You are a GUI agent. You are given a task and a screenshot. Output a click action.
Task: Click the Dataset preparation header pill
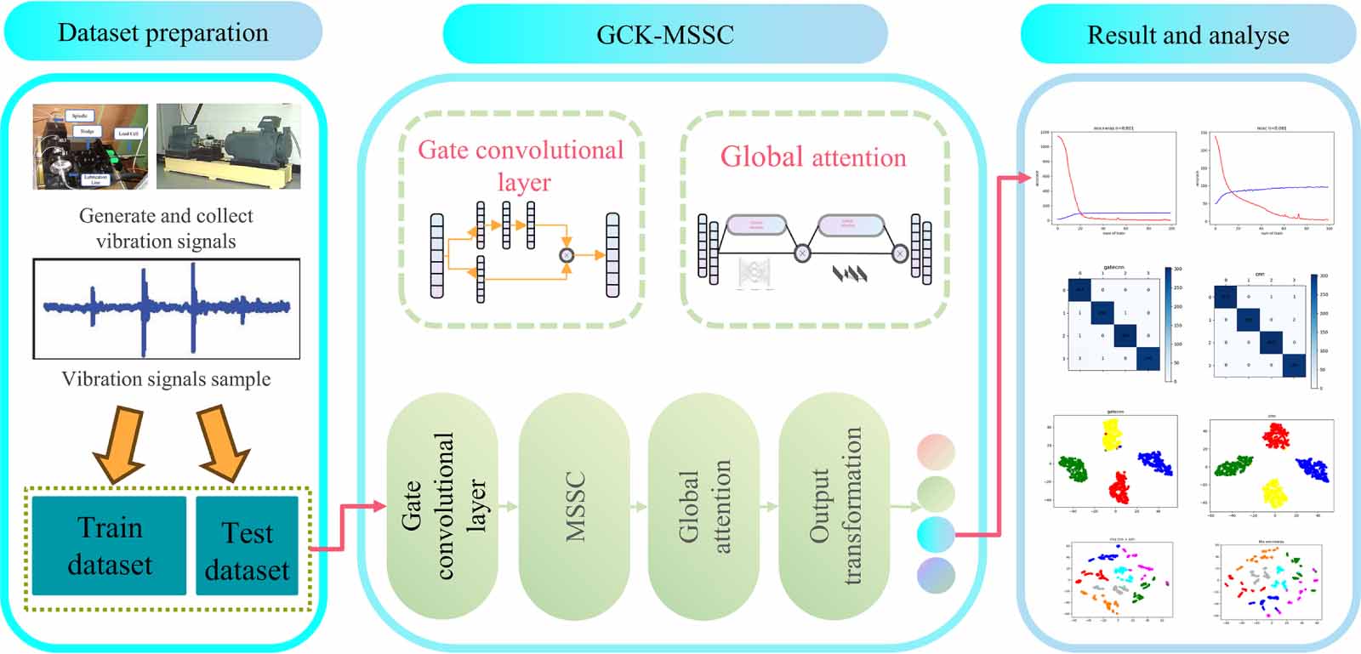click(x=162, y=33)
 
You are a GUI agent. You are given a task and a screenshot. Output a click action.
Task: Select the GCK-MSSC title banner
click(x=664, y=35)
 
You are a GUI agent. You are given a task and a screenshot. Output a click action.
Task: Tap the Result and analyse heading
click(x=1187, y=35)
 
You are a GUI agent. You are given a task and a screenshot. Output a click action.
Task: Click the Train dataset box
click(x=110, y=546)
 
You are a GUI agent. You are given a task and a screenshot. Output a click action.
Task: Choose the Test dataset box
click(x=247, y=550)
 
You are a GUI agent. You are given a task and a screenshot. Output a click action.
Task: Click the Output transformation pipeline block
click(x=834, y=507)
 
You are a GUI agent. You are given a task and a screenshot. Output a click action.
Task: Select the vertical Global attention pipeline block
click(x=703, y=507)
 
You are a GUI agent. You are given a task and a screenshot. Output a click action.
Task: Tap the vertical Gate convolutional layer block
click(x=442, y=507)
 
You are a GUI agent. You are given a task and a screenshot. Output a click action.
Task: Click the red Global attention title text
click(x=813, y=157)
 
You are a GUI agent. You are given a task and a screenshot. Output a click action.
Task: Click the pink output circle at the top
click(x=936, y=452)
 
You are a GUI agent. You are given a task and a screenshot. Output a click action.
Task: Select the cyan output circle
click(x=936, y=534)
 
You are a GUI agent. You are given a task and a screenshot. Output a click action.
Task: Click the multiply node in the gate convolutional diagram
click(x=567, y=254)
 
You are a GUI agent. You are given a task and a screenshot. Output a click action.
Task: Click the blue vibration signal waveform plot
click(x=167, y=308)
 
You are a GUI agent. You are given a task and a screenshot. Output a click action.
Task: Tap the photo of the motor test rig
click(x=228, y=145)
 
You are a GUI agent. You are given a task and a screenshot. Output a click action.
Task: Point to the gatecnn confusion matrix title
click(x=1113, y=267)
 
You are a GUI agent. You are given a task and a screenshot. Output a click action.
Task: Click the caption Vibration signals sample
click(x=166, y=379)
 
